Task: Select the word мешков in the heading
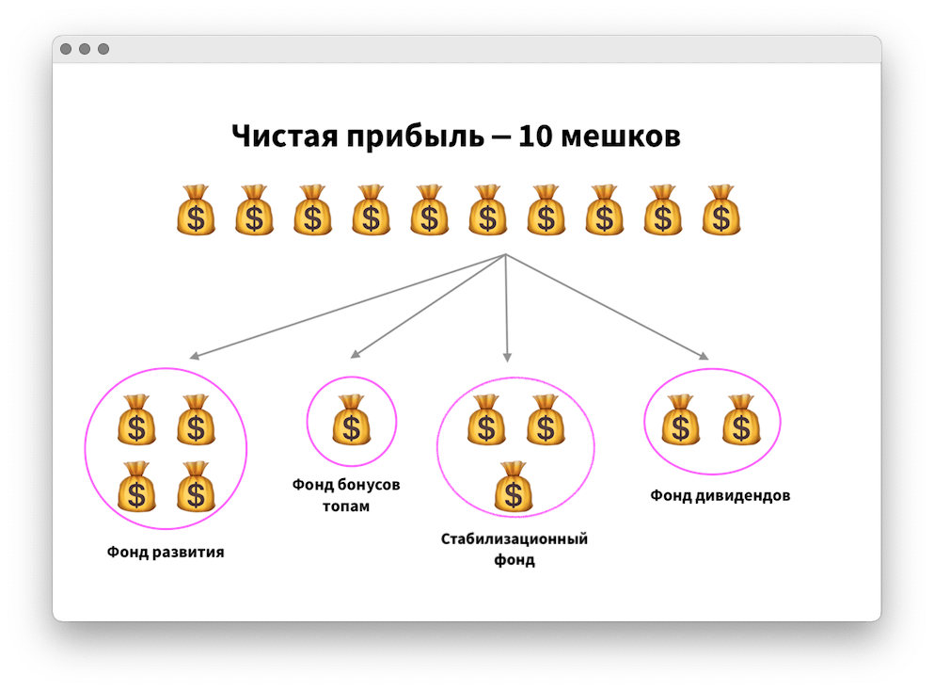(621, 137)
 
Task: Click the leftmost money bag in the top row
(196, 210)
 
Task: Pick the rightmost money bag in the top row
(721, 210)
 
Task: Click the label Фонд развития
(166, 552)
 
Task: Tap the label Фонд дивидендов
(720, 495)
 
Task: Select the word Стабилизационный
(514, 539)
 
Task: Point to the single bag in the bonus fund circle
(351, 420)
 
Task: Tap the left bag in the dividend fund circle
(680, 420)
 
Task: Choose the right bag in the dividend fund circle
(740, 420)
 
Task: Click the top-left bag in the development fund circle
(136, 420)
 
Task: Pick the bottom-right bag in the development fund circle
(196, 487)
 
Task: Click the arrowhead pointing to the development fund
(192, 357)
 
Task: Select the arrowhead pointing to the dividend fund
(704, 356)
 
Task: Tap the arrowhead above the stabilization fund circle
(507, 358)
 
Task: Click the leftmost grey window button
(66, 49)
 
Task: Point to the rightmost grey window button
(103, 49)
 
